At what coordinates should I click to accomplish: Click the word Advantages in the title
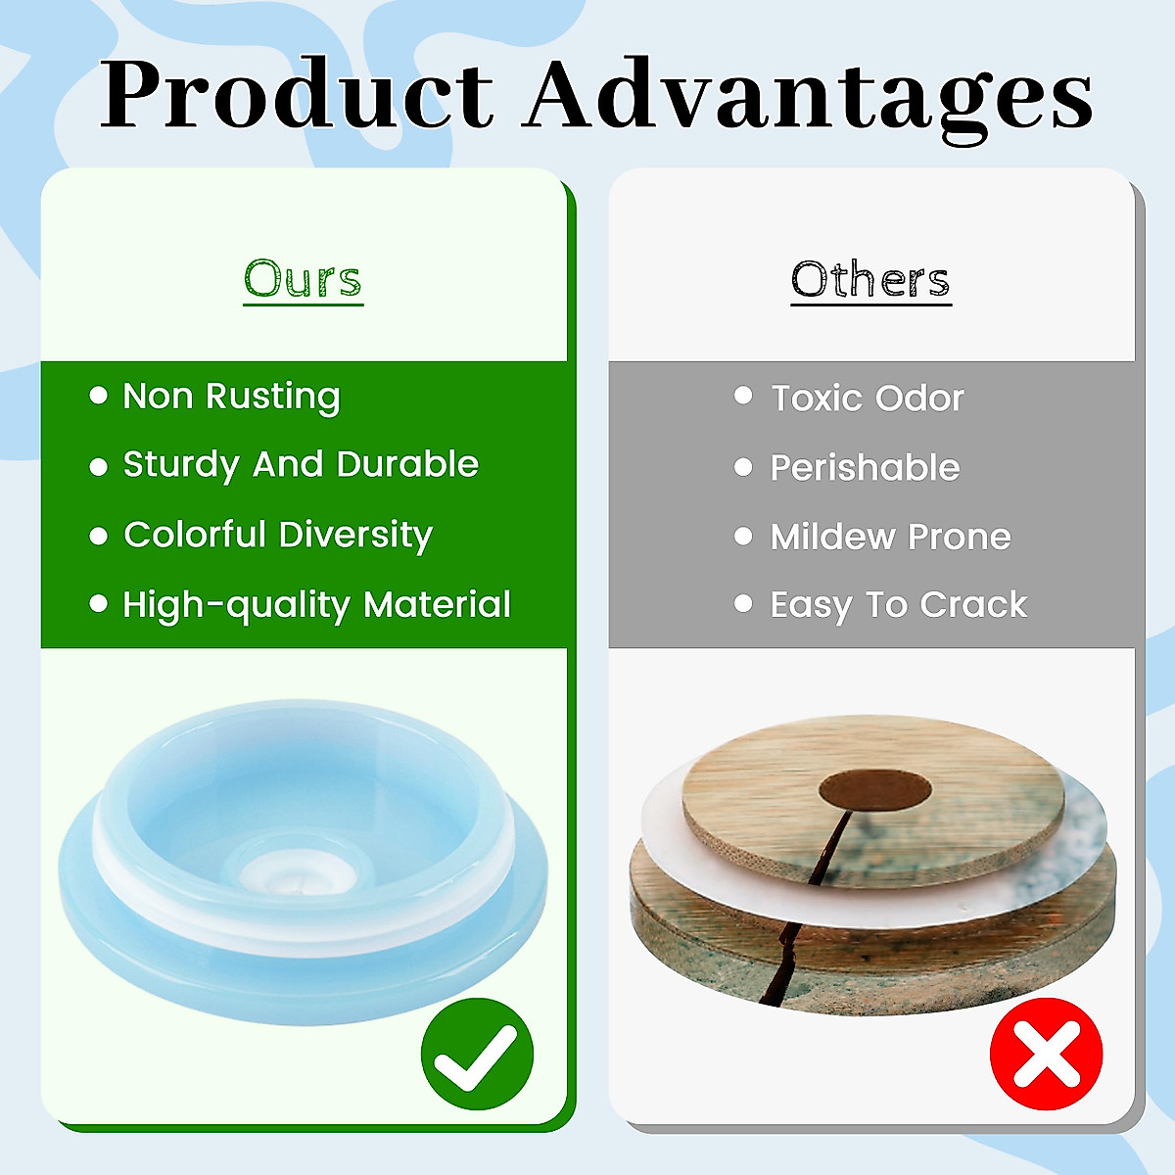click(807, 101)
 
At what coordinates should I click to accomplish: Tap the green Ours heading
click(303, 280)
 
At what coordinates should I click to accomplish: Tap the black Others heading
click(870, 279)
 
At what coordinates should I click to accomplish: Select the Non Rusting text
click(231, 397)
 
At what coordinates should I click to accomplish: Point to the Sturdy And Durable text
click(301, 465)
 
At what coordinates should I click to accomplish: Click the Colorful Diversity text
click(278, 535)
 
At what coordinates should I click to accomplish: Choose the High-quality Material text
click(316, 605)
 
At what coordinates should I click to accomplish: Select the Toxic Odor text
click(868, 399)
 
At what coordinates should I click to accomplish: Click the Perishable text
click(865, 468)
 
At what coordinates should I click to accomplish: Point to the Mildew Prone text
click(890, 537)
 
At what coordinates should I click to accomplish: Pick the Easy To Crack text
click(898, 605)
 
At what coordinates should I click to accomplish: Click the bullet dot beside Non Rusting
click(98, 396)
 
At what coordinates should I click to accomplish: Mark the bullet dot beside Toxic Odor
click(743, 396)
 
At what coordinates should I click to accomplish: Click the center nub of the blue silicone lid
click(299, 876)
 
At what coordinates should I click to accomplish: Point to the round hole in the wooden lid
click(875, 790)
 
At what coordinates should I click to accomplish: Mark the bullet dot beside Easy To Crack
click(743, 603)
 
